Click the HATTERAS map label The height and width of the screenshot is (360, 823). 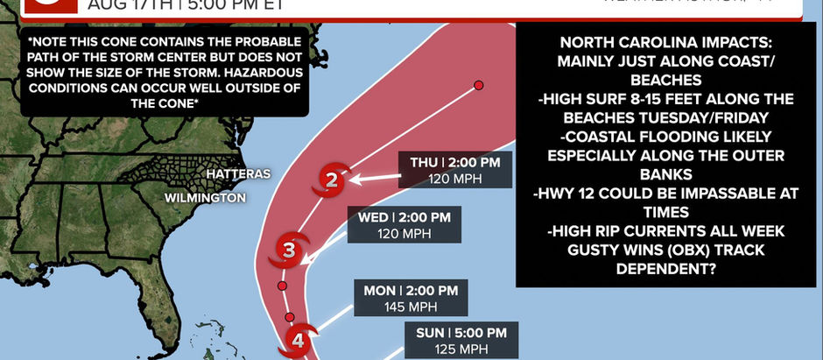tap(238, 174)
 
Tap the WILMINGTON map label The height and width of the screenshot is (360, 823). tap(205, 198)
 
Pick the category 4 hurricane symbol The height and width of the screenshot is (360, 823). tap(298, 340)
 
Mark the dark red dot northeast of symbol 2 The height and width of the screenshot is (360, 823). tap(479, 85)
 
